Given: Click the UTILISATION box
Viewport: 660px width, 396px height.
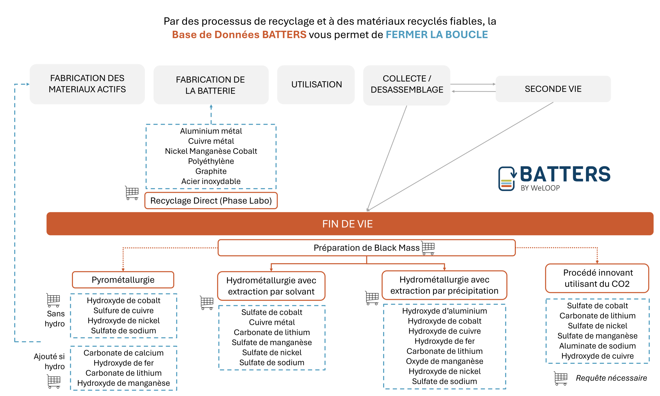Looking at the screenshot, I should point(316,84).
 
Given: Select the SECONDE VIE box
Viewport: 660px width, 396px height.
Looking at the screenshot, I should point(553,89).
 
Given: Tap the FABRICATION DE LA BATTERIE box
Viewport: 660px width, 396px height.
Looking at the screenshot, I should point(210,85).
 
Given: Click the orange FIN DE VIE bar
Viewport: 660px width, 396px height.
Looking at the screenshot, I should point(350,224).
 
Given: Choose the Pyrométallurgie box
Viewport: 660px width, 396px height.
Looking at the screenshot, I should point(123,280).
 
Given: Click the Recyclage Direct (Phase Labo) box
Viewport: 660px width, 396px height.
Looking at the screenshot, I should point(211,201).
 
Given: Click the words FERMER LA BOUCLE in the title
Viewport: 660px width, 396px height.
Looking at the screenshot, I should point(436,35).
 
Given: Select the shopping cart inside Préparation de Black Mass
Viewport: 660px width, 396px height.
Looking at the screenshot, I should point(428,248).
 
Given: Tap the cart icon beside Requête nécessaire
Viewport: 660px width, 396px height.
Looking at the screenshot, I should point(560,378).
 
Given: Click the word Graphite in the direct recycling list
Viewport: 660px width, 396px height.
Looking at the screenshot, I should point(211,171).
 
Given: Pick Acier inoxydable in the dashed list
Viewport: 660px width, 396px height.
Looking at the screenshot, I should point(211,181).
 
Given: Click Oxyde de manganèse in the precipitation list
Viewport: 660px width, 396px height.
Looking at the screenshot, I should point(444,361).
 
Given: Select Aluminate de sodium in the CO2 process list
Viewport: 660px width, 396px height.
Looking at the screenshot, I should point(597,346).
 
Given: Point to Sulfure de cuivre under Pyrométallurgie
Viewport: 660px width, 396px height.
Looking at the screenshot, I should point(123,310).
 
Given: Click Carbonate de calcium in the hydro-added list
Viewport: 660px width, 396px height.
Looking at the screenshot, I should point(123,353).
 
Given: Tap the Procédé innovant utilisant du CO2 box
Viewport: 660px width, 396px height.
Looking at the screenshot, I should point(597,278).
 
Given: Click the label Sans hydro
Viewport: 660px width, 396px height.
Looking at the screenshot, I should point(55,319).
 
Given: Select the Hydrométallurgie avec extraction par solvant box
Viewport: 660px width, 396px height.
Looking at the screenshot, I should point(271,286).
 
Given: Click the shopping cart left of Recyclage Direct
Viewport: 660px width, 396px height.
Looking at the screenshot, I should point(132,193).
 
